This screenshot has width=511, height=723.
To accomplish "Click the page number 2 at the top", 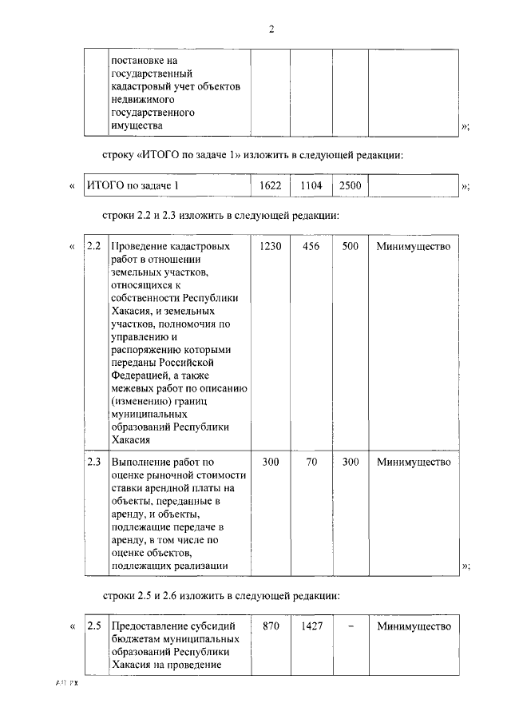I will pyautogui.click(x=271, y=30).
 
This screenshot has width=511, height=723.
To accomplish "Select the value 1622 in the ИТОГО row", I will pyautogui.click(x=271, y=185).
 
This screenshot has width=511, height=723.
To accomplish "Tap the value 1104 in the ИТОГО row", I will pyautogui.click(x=311, y=185).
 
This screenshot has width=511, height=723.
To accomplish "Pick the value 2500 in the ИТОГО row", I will pyautogui.click(x=350, y=185).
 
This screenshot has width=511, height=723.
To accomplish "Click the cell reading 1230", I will pyautogui.click(x=271, y=246).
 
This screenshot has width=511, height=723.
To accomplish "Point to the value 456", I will pyautogui.click(x=311, y=246).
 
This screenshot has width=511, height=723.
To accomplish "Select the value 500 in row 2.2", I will pyautogui.click(x=350, y=246).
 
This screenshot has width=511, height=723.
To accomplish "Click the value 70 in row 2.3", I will pyautogui.click(x=311, y=462).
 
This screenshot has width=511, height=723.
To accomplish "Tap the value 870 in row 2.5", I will pyautogui.click(x=271, y=626).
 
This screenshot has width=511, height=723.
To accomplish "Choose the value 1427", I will pyautogui.click(x=311, y=626).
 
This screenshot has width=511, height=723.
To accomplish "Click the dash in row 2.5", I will pyautogui.click(x=350, y=626).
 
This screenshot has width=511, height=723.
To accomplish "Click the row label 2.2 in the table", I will pyautogui.click(x=93, y=246).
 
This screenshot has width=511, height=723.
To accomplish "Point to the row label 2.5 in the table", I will pyautogui.click(x=93, y=626).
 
